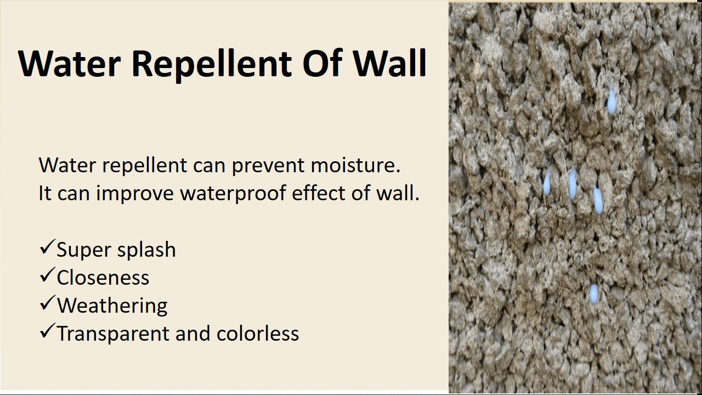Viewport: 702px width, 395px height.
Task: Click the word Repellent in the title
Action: pyautogui.click(x=212, y=64)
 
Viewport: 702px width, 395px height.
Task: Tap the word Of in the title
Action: pyautogui.click(x=322, y=63)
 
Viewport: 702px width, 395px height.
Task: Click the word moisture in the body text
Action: pyautogui.click(x=355, y=165)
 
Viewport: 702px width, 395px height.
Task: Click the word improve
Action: pyautogui.click(x=135, y=194)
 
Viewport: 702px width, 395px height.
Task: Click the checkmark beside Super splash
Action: pyautogui.click(x=47, y=247)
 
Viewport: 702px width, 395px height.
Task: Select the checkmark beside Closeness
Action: pyautogui.click(x=47, y=275)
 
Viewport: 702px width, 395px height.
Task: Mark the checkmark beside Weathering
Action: pyautogui.click(x=47, y=303)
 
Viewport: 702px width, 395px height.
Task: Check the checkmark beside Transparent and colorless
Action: pyautogui.click(x=47, y=331)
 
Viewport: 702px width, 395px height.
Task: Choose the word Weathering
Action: pyautogui.click(x=112, y=306)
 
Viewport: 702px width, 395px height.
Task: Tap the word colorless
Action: pyautogui.click(x=258, y=333)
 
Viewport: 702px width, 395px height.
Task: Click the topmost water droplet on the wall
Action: pyautogui.click(x=612, y=100)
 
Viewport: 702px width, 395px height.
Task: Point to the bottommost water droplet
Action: pyautogui.click(x=594, y=294)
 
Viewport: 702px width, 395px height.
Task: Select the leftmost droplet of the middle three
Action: pyautogui.click(x=547, y=183)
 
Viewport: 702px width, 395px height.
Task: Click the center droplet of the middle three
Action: pyautogui.click(x=573, y=184)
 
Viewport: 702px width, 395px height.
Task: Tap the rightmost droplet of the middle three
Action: pyautogui.click(x=598, y=200)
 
